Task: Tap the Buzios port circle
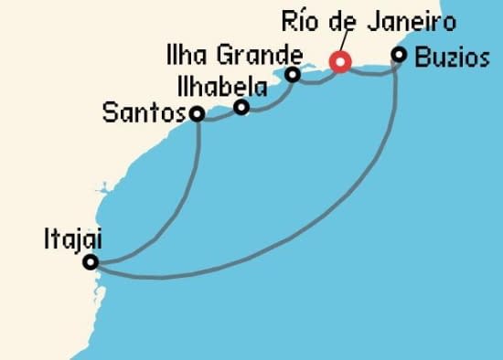click(x=399, y=55)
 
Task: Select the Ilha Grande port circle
click(x=293, y=75)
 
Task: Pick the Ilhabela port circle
click(x=241, y=108)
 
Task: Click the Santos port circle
click(x=196, y=114)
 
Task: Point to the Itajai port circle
click(x=90, y=262)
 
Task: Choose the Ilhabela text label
click(x=222, y=89)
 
